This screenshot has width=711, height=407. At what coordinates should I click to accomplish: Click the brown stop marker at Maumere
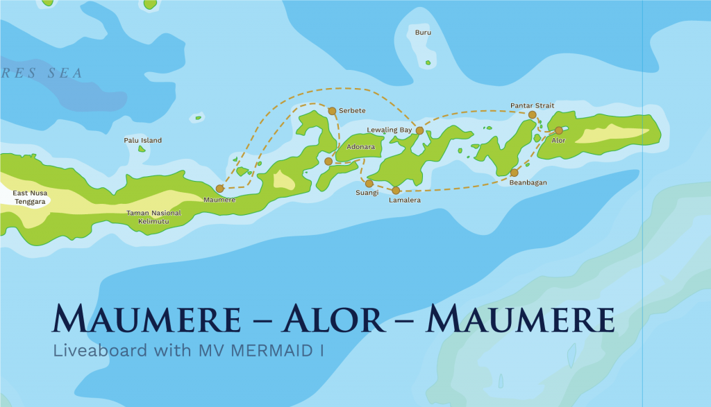[219, 188]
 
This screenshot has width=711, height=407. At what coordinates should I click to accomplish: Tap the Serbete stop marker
[332, 111]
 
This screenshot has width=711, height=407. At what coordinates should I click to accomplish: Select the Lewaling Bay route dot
[419, 130]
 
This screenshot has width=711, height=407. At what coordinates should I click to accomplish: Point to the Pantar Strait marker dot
[532, 115]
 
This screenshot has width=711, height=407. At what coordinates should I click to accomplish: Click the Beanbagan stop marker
[514, 173]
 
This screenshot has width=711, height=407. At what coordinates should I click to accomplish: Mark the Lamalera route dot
[396, 190]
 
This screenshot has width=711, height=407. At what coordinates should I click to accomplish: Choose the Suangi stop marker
[369, 184]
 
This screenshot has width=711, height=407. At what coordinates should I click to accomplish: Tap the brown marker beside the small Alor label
[559, 130]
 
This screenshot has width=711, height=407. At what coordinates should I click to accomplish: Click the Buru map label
[423, 33]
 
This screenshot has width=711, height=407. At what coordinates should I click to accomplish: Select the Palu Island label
[142, 140]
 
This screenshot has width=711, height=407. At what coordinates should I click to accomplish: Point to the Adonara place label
[360, 148]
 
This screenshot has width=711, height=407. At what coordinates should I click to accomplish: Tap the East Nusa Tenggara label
[29, 197]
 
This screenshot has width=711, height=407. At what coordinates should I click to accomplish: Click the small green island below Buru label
[428, 64]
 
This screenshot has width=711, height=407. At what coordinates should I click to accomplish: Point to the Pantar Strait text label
[532, 105]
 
